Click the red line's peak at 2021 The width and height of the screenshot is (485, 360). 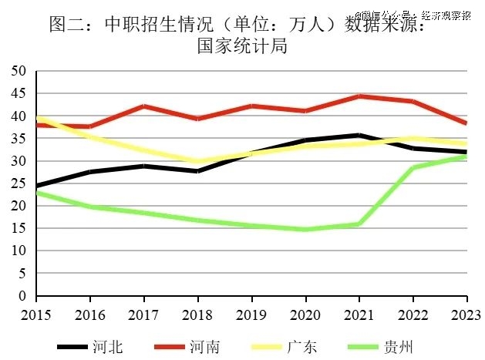pos(359,96)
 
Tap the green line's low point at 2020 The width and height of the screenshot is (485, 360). pos(305,230)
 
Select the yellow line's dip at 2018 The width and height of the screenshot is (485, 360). pos(198,162)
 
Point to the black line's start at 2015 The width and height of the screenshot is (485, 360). pos(37,186)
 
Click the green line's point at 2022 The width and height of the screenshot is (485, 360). pos(413,168)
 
